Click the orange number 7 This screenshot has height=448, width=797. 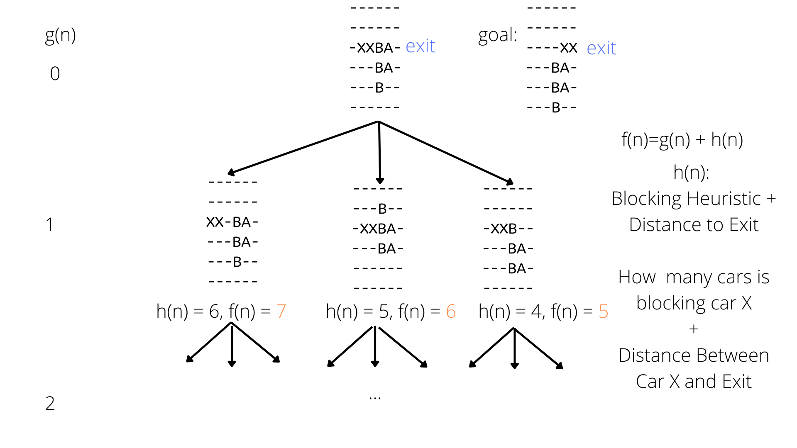coord(281,311)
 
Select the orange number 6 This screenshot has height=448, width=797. coord(451,311)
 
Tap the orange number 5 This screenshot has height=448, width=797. coord(603,311)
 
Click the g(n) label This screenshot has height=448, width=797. coord(60,35)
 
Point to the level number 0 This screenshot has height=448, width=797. coord(55,74)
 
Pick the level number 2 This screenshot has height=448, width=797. coord(50,403)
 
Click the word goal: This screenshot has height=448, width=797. coord(497,35)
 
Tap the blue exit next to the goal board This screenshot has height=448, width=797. coord(601,48)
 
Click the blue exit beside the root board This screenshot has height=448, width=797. coord(420,46)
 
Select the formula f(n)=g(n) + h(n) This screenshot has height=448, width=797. coord(682,140)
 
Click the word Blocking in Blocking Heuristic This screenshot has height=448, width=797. coord(643,199)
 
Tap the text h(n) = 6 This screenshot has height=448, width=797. coord(189,311)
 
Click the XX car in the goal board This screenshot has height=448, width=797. coord(568,48)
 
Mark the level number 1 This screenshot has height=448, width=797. coord(50,225)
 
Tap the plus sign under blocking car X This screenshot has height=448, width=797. coord(694,329)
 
